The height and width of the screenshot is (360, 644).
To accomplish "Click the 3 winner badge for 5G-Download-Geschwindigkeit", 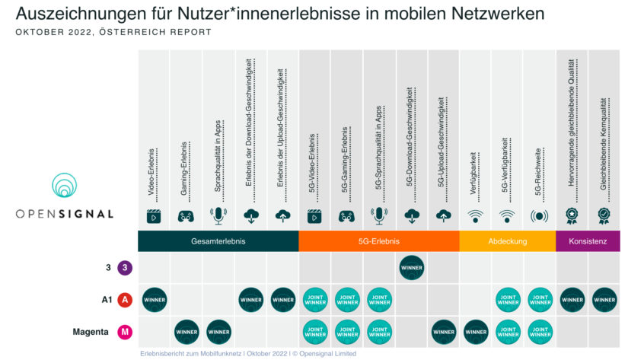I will tap(411, 268).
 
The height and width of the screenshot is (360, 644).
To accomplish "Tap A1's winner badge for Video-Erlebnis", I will tap(154, 300).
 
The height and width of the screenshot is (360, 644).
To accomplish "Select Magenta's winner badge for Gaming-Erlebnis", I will tap(186, 332).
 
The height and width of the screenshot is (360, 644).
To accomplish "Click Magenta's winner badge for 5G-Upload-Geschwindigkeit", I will tap(443, 332).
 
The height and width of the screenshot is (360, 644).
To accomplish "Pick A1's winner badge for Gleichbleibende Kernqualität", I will tap(603, 300).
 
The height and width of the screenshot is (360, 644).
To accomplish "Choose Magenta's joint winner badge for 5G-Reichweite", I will tap(539, 332).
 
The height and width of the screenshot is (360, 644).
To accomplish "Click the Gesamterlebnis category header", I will tap(218, 241).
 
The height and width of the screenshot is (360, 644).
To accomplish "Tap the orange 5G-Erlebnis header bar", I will tap(378, 241).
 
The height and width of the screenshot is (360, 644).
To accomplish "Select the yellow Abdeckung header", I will tap(507, 241).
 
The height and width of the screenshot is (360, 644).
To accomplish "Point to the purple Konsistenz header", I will tap(588, 241).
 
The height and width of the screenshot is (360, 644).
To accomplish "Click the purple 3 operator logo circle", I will tap(125, 268).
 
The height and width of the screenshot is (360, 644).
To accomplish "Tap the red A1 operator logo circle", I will tap(125, 300).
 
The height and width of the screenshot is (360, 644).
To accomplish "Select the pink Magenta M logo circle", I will tap(125, 332).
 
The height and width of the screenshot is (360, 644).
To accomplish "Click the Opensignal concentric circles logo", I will tap(65, 187).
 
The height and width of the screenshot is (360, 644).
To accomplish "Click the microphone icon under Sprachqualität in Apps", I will tap(218, 215).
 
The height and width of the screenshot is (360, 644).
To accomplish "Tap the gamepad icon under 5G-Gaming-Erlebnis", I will tap(346, 216).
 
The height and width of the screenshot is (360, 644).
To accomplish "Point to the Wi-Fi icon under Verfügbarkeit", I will tap(475, 216).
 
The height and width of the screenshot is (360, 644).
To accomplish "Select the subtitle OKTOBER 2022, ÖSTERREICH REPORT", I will tap(113, 33).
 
